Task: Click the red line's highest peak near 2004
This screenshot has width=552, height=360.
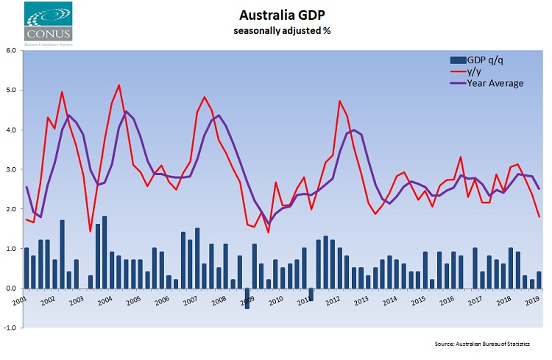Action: coord(119,85)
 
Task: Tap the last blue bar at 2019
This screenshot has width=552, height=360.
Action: coord(539,280)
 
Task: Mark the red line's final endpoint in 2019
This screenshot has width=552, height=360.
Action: coord(539,216)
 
